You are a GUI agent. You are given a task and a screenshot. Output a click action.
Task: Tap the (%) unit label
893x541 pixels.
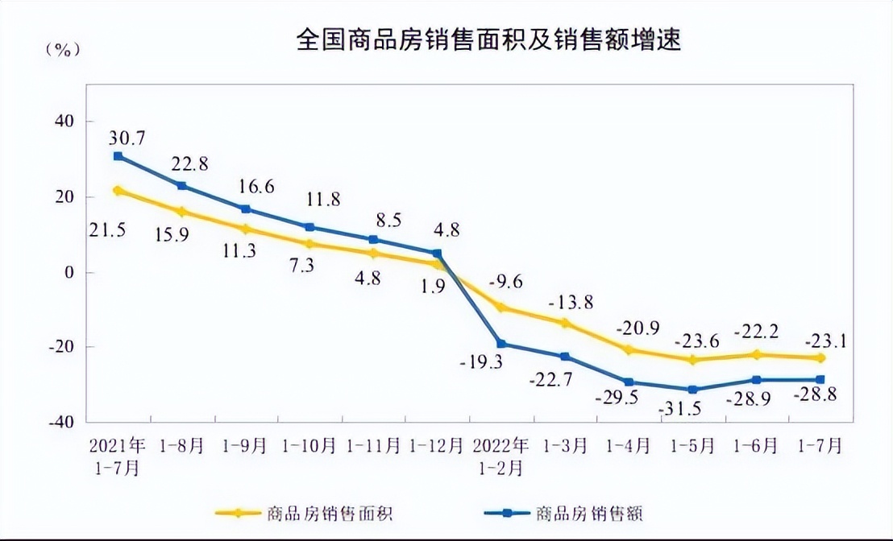(x=64, y=49)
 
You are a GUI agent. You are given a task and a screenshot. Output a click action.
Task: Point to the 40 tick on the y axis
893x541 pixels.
(x=63, y=122)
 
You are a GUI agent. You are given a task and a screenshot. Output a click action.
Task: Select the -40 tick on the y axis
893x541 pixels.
(x=61, y=422)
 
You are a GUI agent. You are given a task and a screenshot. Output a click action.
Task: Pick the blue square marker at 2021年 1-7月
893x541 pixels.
(x=118, y=156)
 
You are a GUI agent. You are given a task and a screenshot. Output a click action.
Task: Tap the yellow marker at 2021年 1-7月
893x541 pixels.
(x=118, y=191)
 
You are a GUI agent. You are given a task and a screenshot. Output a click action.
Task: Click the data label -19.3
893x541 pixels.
(x=484, y=363)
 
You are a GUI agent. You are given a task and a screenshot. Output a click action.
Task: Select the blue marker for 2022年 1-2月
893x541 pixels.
(x=501, y=344)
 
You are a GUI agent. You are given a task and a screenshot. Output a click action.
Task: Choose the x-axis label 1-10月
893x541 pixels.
(x=309, y=445)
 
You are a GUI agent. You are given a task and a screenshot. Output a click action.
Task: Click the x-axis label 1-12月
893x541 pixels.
(x=436, y=445)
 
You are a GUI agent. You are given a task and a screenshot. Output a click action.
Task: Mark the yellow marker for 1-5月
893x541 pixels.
(x=693, y=360)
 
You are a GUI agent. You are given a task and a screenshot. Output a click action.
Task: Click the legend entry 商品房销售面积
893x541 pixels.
(x=327, y=512)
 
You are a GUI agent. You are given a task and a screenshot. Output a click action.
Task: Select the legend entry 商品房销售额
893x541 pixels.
(x=590, y=512)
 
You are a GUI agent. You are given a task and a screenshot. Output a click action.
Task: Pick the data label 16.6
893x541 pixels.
(x=257, y=187)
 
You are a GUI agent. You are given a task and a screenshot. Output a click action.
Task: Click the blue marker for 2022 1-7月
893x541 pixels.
(x=820, y=379)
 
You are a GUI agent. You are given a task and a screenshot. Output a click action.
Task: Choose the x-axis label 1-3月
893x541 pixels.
(x=564, y=445)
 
